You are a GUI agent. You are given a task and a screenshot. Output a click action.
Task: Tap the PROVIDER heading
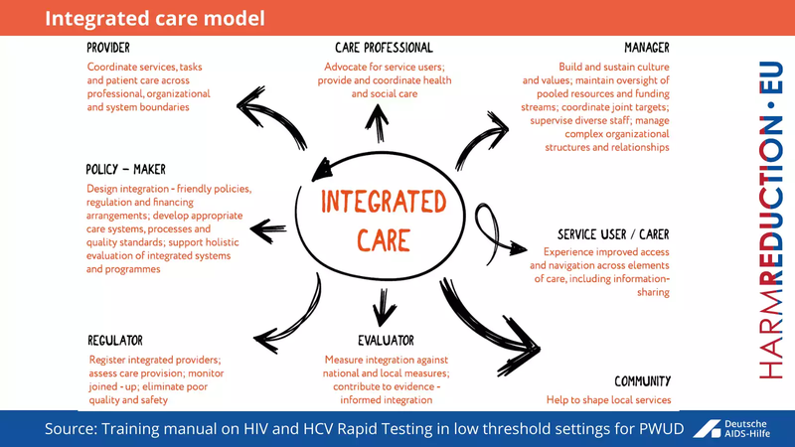(x=108, y=48)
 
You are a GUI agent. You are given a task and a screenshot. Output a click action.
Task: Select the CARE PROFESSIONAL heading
(x=384, y=48)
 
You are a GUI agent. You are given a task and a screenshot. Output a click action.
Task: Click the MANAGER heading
(x=646, y=48)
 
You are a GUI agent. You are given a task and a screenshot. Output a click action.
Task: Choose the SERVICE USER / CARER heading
(x=613, y=235)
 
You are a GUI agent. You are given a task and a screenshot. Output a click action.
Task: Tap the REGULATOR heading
(x=115, y=341)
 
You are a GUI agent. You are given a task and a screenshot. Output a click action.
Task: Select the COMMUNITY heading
(x=642, y=381)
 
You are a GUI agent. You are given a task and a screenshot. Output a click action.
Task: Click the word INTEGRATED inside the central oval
(x=384, y=202)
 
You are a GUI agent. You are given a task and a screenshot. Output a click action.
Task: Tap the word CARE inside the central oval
(x=384, y=239)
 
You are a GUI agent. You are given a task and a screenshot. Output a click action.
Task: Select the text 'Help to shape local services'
(x=608, y=400)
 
